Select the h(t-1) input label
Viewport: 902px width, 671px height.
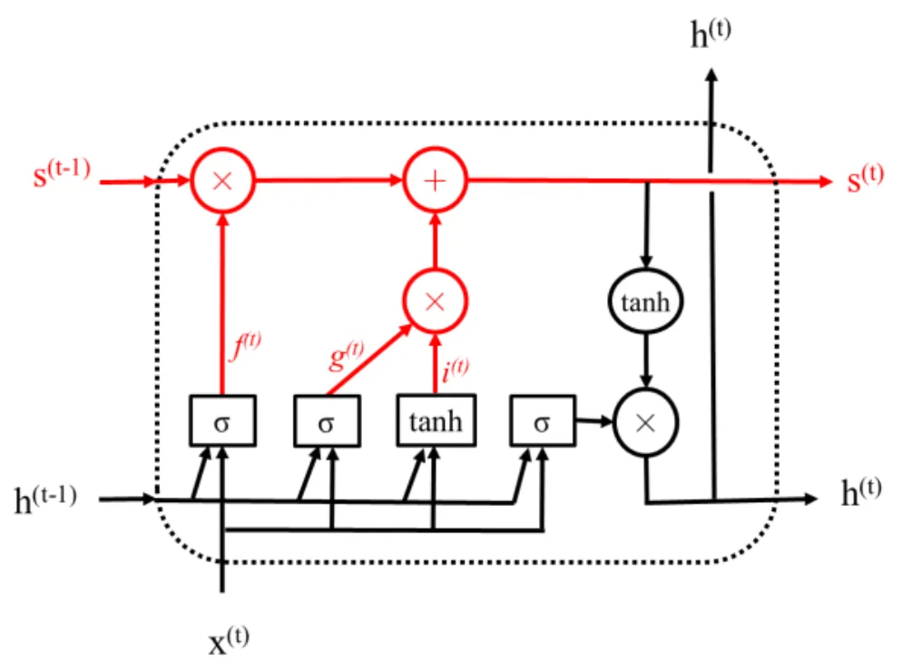click(x=44, y=499)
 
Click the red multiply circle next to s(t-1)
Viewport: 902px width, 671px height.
click(x=222, y=181)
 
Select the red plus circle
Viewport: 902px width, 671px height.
click(x=435, y=181)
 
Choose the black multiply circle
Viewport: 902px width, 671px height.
click(x=645, y=422)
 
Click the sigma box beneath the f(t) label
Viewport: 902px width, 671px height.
click(x=222, y=422)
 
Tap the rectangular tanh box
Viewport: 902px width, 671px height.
click(x=436, y=422)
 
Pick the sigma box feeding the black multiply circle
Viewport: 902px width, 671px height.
click(x=542, y=422)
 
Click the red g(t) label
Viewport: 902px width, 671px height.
click(x=346, y=353)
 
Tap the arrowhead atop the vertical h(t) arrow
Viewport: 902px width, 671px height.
click(x=711, y=75)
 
